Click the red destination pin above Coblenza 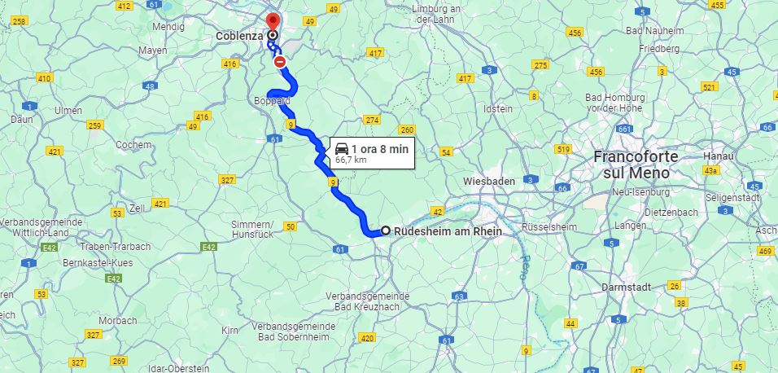(x=273, y=20)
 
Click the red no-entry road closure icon (x=280, y=61)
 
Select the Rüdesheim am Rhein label (x=448, y=231)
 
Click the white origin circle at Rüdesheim (x=386, y=230)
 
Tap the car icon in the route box (x=342, y=149)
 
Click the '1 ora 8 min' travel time (x=379, y=149)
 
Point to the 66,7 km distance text (x=351, y=160)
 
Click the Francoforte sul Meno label (x=632, y=165)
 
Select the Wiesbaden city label (x=489, y=180)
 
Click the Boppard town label (x=272, y=101)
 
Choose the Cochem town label (x=133, y=144)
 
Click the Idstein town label (x=498, y=108)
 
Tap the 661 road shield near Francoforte (x=625, y=129)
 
